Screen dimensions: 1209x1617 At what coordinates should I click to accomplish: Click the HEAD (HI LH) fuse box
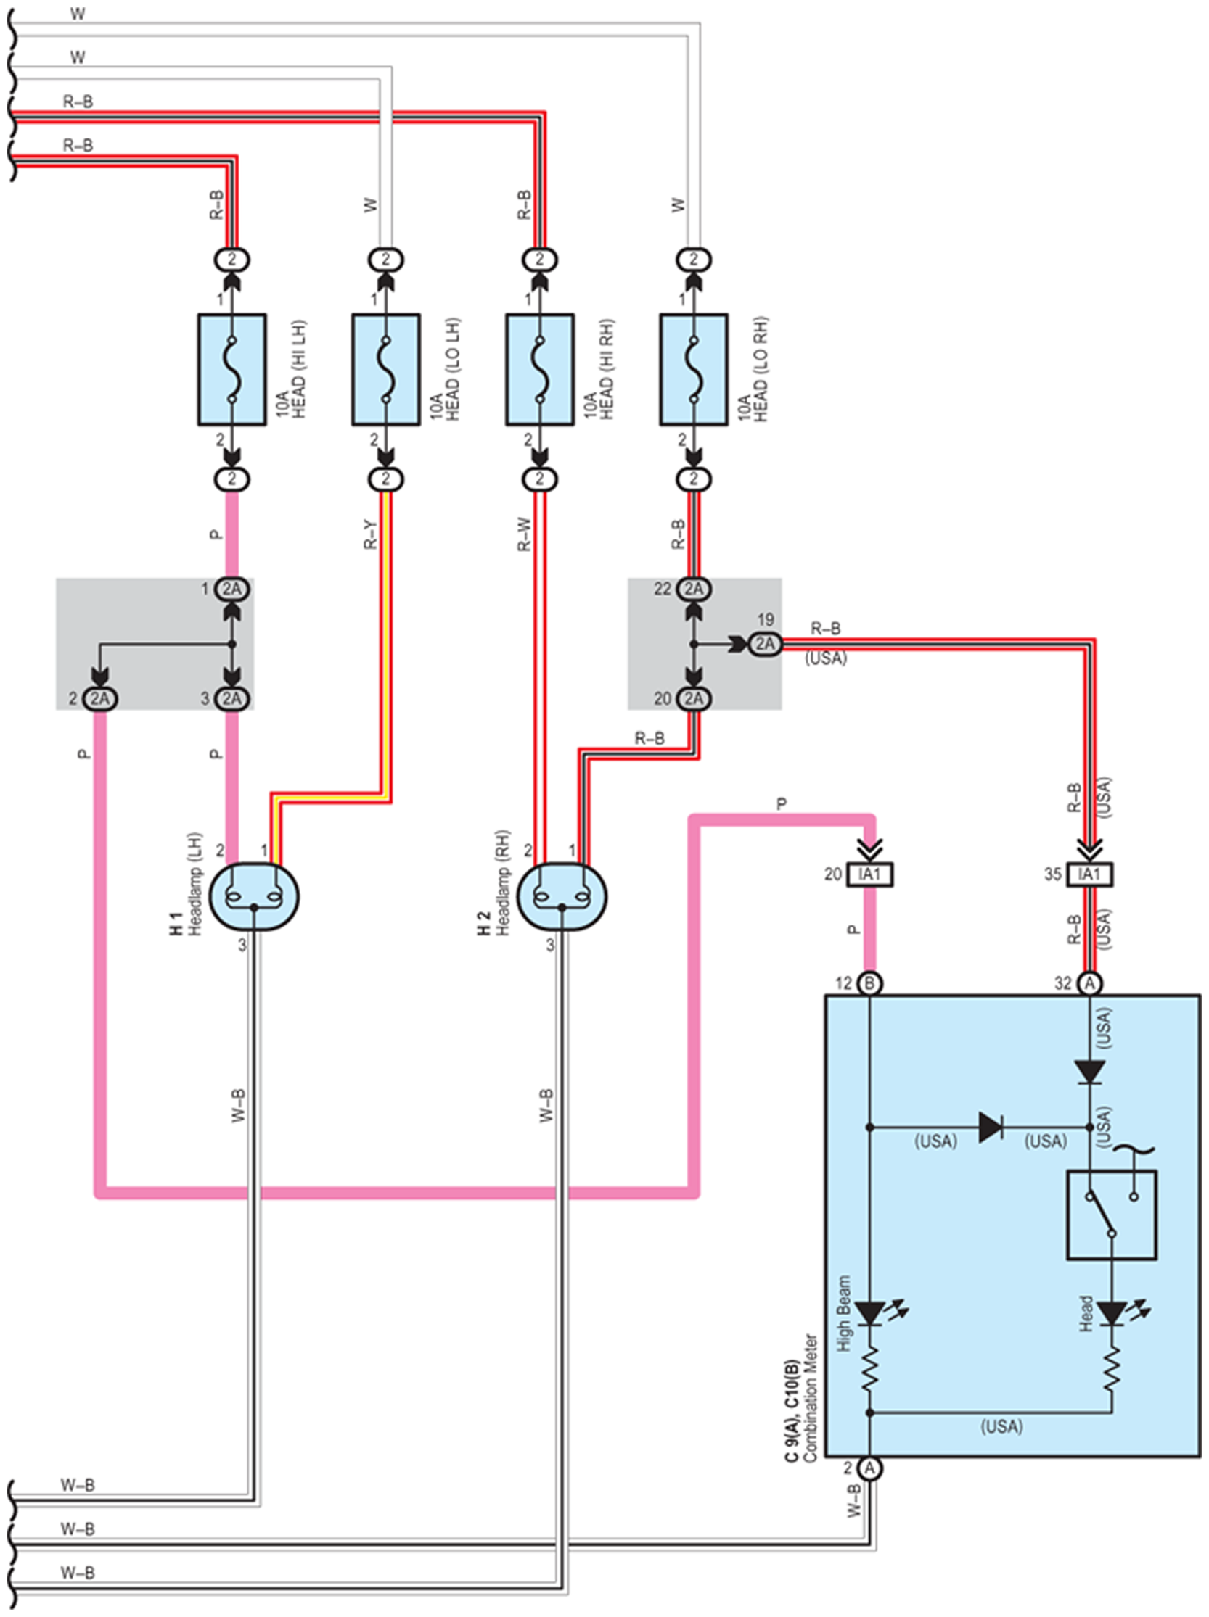(231, 370)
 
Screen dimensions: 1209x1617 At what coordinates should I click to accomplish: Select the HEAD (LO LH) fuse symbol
(386, 370)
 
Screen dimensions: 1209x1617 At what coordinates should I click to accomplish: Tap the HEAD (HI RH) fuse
(540, 370)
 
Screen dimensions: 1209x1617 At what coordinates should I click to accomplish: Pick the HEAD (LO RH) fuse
(693, 370)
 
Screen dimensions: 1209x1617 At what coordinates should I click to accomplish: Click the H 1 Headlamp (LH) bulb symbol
(254, 897)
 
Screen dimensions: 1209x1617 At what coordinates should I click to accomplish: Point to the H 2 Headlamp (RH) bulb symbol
(562, 897)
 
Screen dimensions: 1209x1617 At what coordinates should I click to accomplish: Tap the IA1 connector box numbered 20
(869, 874)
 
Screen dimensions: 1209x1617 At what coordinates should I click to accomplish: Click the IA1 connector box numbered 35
(1090, 874)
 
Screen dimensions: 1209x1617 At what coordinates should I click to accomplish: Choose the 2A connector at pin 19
(765, 644)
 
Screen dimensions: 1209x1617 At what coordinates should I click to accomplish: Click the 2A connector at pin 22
(693, 590)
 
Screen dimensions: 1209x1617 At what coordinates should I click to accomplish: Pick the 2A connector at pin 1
(231, 590)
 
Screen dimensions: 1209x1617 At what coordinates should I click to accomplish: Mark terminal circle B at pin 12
(869, 983)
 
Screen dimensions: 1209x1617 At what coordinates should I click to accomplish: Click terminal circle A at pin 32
(1090, 983)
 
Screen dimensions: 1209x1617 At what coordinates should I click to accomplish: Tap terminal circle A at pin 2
(869, 1467)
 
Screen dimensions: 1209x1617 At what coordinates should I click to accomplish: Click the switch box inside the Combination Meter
(1112, 1215)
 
